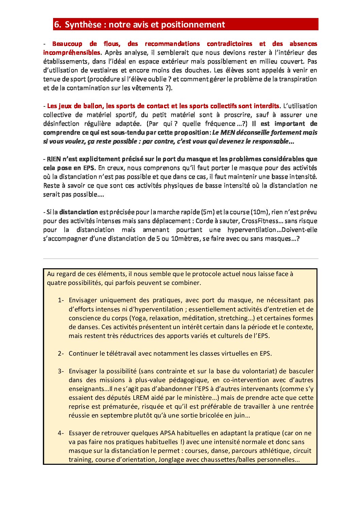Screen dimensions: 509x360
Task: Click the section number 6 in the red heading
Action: click(x=57, y=24)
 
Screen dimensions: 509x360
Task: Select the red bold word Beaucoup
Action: click(x=67, y=44)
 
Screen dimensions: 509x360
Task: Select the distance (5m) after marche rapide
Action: click(x=208, y=212)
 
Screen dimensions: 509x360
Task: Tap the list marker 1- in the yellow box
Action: click(x=61, y=300)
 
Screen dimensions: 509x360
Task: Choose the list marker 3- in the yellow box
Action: click(x=61, y=371)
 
